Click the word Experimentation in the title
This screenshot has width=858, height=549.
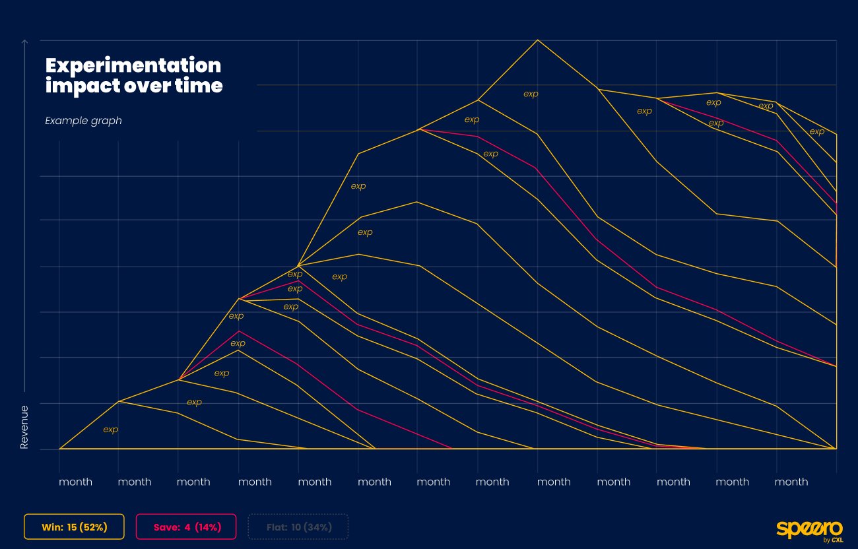point(133,65)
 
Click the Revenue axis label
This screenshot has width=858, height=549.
point(24,428)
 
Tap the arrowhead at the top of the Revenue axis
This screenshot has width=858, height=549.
point(24,42)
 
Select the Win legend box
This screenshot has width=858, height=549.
point(74,527)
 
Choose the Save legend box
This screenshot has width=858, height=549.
point(186,527)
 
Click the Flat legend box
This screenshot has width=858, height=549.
point(298,527)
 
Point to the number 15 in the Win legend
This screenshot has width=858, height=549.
point(72,527)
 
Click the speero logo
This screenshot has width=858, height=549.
point(808,528)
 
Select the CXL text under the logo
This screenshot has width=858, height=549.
point(836,540)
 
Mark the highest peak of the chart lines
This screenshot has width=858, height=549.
point(537,40)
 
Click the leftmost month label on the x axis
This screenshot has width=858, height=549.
point(75,482)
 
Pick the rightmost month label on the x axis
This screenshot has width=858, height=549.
point(791,482)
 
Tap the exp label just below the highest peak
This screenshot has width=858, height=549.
point(531,94)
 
